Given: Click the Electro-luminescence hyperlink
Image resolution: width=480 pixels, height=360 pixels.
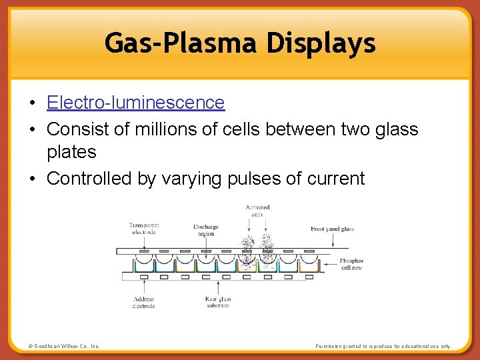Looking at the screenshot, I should point(135,103).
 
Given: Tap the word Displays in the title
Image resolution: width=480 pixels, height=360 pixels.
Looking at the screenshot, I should point(321,43).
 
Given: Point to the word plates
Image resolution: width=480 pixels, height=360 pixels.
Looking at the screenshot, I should point(71,152).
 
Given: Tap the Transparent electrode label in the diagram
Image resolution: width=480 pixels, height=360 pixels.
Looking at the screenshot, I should point(144,229).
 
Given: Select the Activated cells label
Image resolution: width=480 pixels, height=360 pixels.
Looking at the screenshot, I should point(257,211).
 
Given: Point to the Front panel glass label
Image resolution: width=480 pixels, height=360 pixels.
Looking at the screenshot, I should point(332,229).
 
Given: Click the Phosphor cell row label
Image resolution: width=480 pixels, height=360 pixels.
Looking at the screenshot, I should point(351,264).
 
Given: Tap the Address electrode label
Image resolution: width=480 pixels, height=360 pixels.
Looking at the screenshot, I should point(143,303).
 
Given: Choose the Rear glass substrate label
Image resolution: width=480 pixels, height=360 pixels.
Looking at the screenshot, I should point(218,303).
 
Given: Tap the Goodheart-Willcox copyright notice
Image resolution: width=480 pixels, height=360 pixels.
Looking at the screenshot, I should point(64,346).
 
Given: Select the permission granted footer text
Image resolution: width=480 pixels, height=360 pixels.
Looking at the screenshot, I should point(383,346).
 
